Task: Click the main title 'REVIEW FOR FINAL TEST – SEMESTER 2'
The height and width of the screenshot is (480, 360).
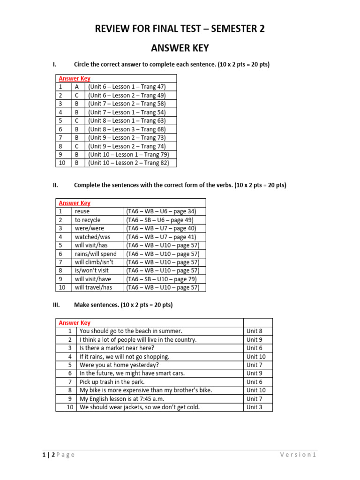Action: point(180,29)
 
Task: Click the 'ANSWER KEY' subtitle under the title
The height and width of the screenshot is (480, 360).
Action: point(180,48)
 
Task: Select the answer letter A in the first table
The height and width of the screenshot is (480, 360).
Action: point(76,87)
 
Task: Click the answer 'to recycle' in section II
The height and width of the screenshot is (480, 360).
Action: point(88,220)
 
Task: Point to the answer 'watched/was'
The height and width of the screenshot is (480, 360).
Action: point(90,237)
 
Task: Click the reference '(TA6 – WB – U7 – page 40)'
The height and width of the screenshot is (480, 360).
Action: point(161,228)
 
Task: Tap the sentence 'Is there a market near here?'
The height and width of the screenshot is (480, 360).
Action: point(117,348)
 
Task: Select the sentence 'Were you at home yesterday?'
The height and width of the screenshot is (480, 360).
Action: point(119,365)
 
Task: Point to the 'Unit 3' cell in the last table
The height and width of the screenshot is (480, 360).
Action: point(255,407)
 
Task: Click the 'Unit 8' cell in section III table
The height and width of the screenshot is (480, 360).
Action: point(255,331)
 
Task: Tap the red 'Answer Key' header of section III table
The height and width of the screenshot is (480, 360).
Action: point(75,322)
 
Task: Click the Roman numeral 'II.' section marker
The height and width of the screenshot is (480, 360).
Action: point(55,185)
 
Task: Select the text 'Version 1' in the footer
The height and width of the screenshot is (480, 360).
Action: point(298,455)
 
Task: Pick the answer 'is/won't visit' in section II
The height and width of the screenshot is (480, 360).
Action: point(91,270)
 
